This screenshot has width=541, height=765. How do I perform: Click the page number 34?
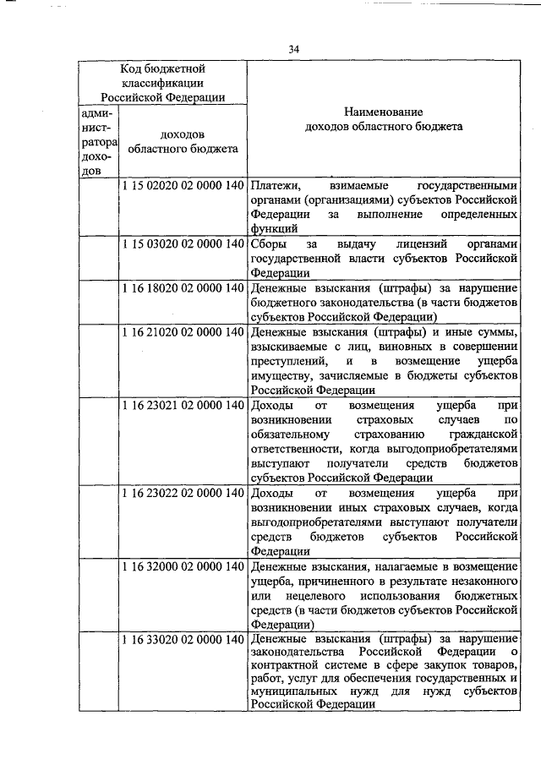point(293,48)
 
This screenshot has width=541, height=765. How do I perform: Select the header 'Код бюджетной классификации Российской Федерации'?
point(162,82)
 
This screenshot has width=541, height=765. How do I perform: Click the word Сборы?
point(267,244)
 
